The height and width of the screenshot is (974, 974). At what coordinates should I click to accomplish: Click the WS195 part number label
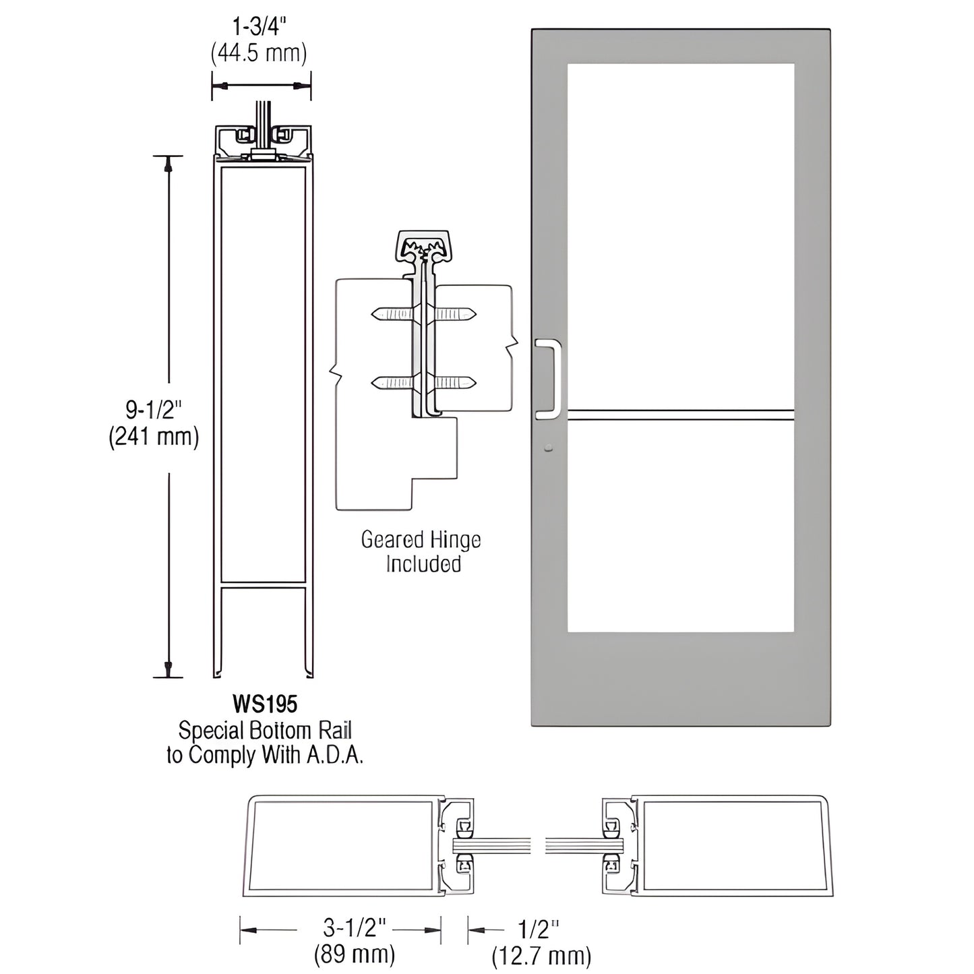(x=264, y=704)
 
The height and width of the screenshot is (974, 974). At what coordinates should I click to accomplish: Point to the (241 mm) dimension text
(x=154, y=437)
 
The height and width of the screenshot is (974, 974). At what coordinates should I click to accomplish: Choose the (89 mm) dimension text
(x=355, y=954)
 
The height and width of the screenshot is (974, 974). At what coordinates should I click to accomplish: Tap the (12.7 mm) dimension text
(x=541, y=955)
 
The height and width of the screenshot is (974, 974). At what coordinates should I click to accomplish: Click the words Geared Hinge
(x=421, y=540)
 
